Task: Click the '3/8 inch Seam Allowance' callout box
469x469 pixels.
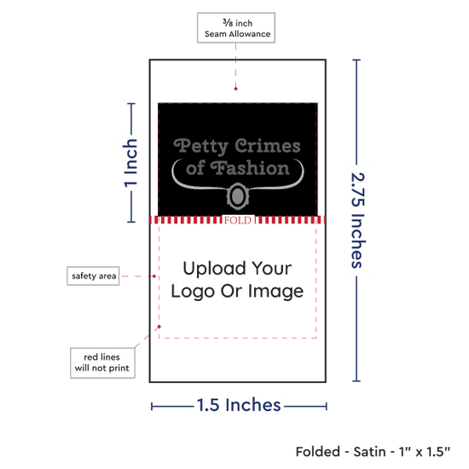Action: tap(236, 27)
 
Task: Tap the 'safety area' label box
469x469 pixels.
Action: tap(93, 275)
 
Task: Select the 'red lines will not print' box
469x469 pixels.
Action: tap(102, 362)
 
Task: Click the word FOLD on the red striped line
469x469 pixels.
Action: tap(238, 221)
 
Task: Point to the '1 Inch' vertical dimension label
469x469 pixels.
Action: tap(130, 163)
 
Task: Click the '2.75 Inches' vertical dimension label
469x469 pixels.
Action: tap(357, 220)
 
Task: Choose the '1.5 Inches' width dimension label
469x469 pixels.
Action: tap(239, 405)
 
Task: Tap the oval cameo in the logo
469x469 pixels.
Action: tap(238, 196)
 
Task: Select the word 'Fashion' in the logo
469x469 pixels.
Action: tap(250, 168)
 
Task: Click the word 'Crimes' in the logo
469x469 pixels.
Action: tap(268, 146)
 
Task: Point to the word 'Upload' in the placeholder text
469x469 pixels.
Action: tap(214, 269)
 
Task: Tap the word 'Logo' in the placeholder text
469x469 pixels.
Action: tap(193, 292)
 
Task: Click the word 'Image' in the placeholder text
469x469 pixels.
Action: tap(275, 292)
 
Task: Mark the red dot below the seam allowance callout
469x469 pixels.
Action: tap(235, 89)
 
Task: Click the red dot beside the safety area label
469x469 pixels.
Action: tap(154, 276)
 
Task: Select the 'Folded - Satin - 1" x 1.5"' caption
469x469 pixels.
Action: tap(373, 452)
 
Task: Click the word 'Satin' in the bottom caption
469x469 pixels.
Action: tap(372, 452)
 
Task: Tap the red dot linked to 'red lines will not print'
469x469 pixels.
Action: tap(159, 327)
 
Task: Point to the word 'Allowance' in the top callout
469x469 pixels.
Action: tap(250, 34)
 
